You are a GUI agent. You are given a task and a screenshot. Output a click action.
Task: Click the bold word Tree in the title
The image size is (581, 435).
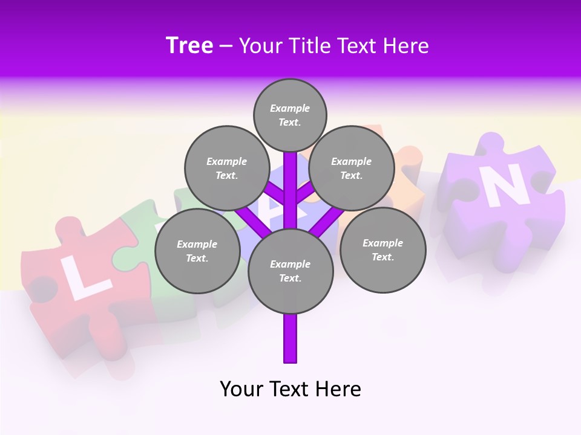click(189, 46)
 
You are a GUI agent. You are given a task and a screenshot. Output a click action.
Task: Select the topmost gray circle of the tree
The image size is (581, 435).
click(290, 115)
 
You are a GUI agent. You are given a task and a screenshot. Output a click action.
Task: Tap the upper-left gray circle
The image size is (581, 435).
click(226, 169)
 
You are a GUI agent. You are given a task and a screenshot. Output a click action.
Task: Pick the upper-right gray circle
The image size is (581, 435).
click(352, 169)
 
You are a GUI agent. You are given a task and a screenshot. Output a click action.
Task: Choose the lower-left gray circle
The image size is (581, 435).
click(197, 251)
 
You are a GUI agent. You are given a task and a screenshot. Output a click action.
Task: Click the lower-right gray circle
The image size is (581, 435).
click(382, 250)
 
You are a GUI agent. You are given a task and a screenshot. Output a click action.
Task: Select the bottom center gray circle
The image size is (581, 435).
click(290, 271)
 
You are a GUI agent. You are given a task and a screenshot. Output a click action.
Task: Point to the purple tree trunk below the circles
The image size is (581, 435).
click(290, 338)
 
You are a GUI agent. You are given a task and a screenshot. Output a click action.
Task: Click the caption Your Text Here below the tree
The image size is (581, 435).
click(290, 389)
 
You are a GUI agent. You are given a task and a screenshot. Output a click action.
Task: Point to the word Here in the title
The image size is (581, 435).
click(405, 46)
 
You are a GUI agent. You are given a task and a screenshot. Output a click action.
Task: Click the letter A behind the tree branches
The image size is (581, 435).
click(275, 208)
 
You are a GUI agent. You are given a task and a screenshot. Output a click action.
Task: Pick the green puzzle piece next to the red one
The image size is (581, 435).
click(151, 242)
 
